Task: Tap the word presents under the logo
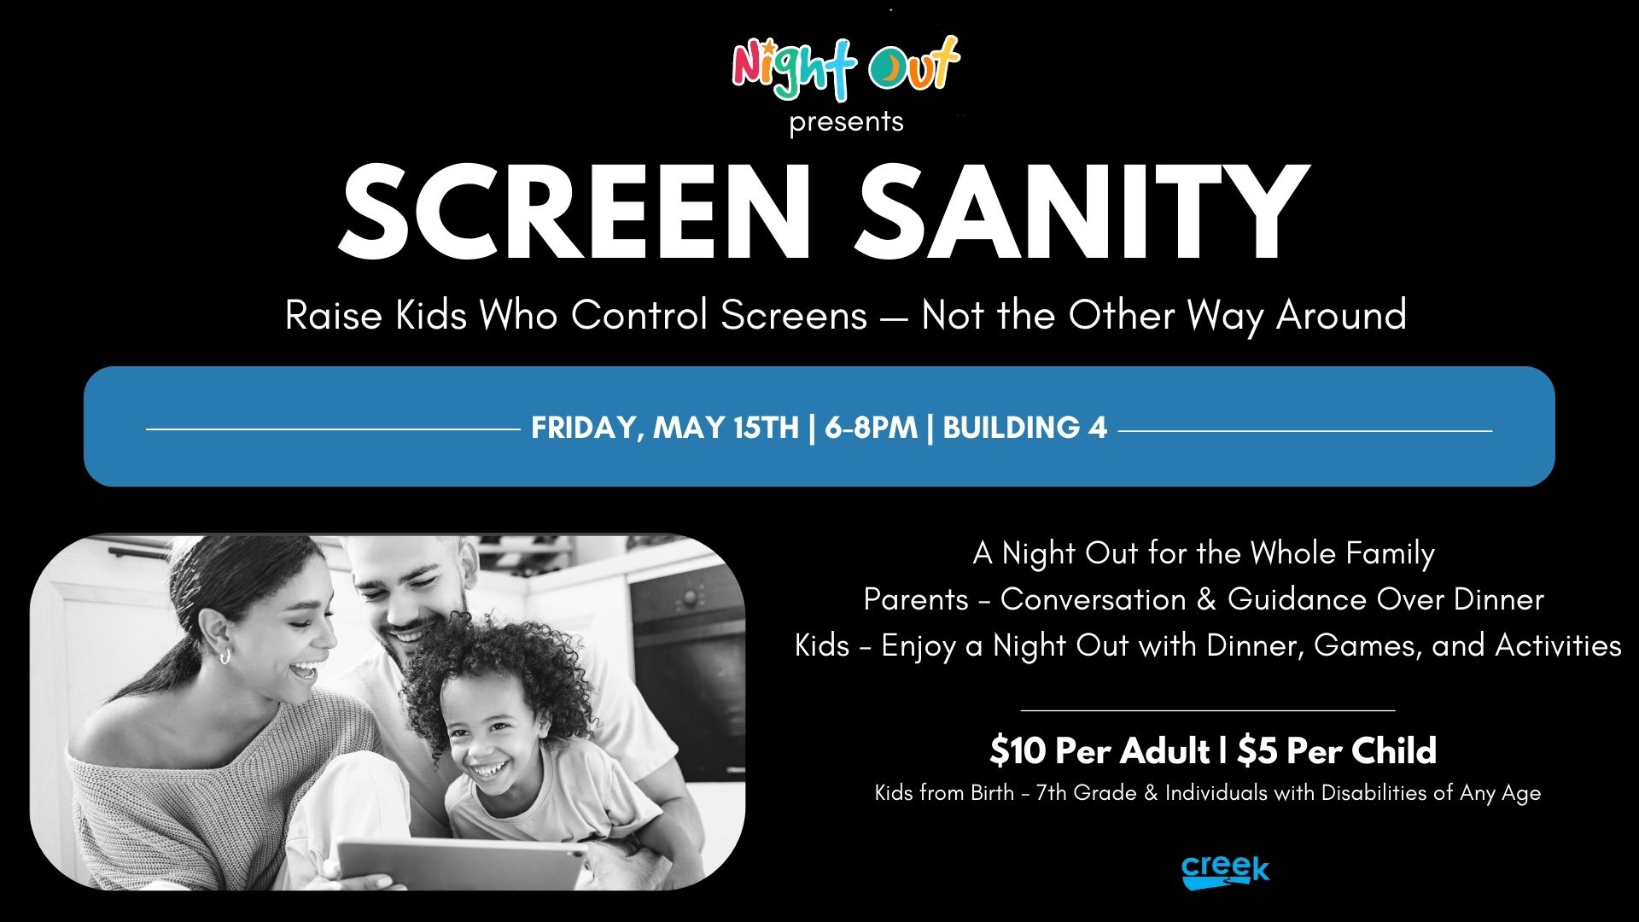point(846,122)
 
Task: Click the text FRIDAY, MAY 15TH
point(665,428)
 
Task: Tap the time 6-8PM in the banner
point(871,428)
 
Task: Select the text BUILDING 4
point(1024,427)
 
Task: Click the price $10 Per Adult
point(1099,751)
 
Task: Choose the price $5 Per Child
point(1337,751)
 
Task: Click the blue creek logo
point(1225,872)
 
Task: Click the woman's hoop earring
point(225,656)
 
